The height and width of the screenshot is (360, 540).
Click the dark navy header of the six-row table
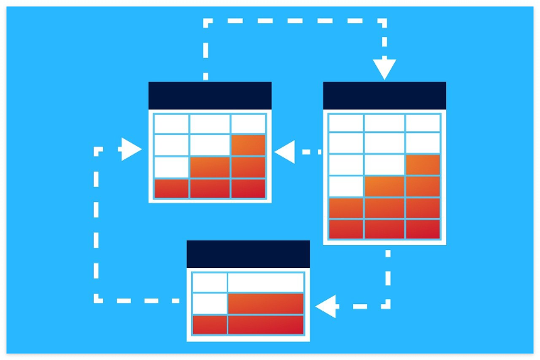(x=384, y=95)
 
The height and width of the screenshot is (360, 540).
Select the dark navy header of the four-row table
(x=210, y=95)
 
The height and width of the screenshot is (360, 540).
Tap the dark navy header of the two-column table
(x=248, y=254)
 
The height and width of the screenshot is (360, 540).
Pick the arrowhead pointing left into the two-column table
(x=326, y=306)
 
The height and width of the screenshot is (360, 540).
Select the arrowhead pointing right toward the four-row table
(x=131, y=149)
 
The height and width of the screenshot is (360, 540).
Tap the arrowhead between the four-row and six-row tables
(x=285, y=152)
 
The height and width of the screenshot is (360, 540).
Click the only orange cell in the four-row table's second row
(x=248, y=145)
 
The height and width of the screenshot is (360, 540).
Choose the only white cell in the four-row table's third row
(x=171, y=167)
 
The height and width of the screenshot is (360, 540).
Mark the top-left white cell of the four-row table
(x=171, y=124)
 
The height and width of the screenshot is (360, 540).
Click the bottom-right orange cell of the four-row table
(x=248, y=188)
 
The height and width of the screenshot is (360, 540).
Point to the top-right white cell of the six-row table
(x=423, y=123)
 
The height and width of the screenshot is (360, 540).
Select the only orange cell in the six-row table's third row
(x=423, y=165)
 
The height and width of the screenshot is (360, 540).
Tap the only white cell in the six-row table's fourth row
(x=346, y=186)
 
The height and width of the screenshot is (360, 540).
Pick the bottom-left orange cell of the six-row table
(x=346, y=229)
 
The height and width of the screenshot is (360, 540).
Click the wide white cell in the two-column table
(x=265, y=282)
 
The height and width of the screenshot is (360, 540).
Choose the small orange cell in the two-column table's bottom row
(x=209, y=325)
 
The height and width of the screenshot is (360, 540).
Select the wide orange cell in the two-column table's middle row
(x=265, y=303)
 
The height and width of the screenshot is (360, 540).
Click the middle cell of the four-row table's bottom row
(x=209, y=188)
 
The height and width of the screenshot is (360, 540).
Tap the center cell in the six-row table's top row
(x=384, y=123)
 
